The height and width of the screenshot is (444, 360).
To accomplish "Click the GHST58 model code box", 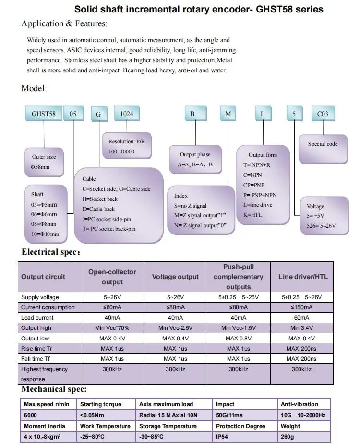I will (44, 114).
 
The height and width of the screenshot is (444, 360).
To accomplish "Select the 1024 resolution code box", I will (127, 114).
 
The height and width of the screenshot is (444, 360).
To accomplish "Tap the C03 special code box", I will (323, 114).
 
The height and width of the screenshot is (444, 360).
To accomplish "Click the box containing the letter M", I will (228, 114).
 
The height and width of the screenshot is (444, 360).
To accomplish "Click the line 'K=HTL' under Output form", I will (252, 215).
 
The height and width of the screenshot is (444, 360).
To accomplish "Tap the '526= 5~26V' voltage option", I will (322, 225).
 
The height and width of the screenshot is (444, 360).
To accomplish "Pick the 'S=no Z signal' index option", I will (191, 206).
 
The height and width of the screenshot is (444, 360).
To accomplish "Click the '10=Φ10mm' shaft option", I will (45, 234).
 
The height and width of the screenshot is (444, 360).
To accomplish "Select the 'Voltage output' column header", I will (175, 277).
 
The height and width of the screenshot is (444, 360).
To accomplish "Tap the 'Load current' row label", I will (37, 318).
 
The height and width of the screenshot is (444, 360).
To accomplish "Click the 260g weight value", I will (288, 436).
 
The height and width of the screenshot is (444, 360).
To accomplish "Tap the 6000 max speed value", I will (31, 415).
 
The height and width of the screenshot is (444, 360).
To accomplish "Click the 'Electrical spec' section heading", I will (51, 252).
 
